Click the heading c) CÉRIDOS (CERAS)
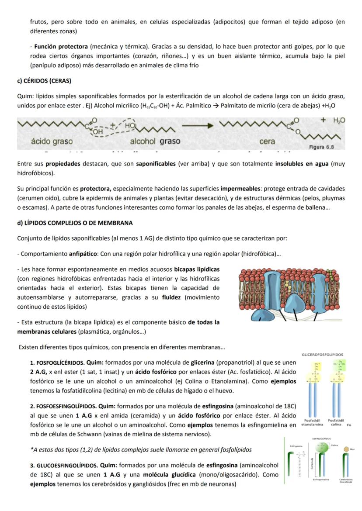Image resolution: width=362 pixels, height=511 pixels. click(44, 81)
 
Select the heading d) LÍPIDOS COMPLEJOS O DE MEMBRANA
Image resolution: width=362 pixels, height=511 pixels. click(75, 223)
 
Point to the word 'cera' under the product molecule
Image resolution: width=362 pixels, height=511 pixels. click(267, 142)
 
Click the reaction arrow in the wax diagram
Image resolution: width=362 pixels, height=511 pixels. click(198, 125)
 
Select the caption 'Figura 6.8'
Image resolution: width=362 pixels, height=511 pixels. click(321, 147)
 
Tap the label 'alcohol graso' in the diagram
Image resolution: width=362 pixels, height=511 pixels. click(155, 142)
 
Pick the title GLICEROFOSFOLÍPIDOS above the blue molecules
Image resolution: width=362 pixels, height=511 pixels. click(322, 355)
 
